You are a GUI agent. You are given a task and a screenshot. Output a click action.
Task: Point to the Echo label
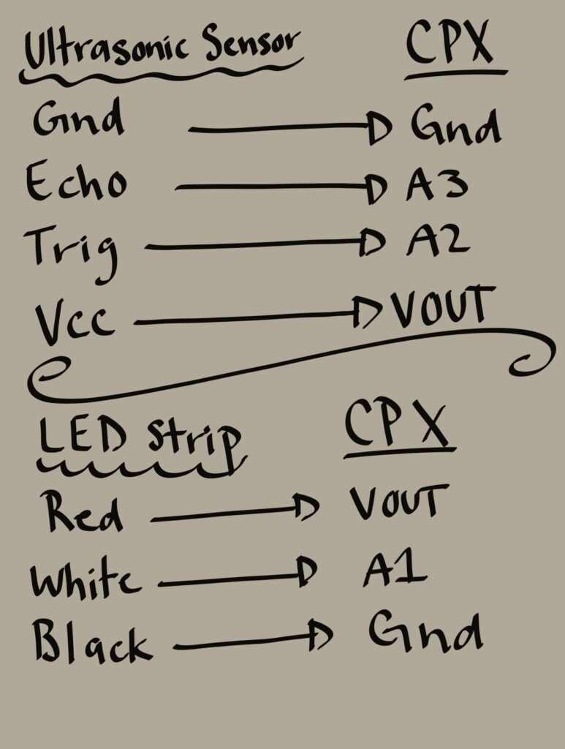76,181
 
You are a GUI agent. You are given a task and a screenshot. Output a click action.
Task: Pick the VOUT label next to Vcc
444,306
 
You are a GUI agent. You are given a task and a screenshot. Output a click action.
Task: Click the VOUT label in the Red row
399,502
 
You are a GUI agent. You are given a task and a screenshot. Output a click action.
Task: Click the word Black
91,640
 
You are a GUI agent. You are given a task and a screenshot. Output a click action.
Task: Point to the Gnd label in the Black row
425,631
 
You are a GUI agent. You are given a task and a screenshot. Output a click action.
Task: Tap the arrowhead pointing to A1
306,571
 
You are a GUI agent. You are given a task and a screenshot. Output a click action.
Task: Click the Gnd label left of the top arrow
78,117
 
